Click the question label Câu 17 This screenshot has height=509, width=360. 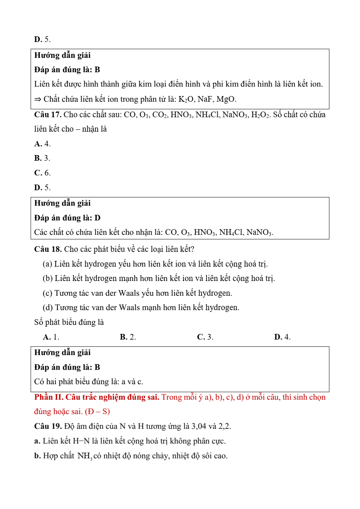(x=48, y=115)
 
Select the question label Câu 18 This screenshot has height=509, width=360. (x=48, y=249)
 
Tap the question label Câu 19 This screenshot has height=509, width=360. (x=48, y=426)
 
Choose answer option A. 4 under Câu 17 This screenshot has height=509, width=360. (x=42, y=144)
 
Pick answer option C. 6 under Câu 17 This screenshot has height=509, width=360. (x=42, y=173)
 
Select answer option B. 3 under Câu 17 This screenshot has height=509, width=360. (x=42, y=158)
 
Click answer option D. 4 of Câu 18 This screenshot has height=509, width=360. (x=282, y=337)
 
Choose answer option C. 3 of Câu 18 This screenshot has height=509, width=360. (x=205, y=337)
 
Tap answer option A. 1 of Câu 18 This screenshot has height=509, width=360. (x=51, y=337)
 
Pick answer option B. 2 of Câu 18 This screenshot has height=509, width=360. (x=128, y=337)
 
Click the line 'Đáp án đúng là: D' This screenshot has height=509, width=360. (x=67, y=218)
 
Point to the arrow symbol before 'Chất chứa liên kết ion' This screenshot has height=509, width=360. (x=37, y=99)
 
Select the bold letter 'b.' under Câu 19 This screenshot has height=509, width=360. (x=37, y=456)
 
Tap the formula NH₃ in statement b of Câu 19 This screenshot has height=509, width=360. (x=85, y=456)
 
